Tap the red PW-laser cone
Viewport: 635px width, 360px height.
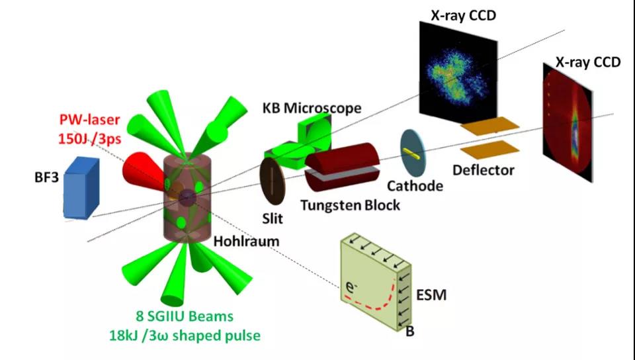[x=142, y=171]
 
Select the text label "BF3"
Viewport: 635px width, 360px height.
[x=46, y=177]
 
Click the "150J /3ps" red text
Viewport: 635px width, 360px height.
[x=89, y=138]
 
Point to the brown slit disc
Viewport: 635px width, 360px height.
[x=272, y=181]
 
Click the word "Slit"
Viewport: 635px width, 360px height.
[x=273, y=218]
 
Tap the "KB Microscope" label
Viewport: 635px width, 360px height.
[x=312, y=108]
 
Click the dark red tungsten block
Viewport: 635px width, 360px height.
[x=342, y=167]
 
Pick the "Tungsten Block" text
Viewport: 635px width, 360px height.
[x=350, y=205]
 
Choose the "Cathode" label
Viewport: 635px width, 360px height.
[x=415, y=186]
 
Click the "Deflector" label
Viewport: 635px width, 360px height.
[x=483, y=169]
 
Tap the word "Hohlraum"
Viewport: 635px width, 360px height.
[x=246, y=242]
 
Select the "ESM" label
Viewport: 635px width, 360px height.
[x=431, y=294]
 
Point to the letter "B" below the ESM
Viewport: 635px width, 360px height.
[x=410, y=332]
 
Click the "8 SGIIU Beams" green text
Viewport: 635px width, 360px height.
[x=185, y=316]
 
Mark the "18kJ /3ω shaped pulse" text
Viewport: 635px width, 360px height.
[x=185, y=336]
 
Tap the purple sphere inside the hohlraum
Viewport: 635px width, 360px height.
[x=187, y=198]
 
